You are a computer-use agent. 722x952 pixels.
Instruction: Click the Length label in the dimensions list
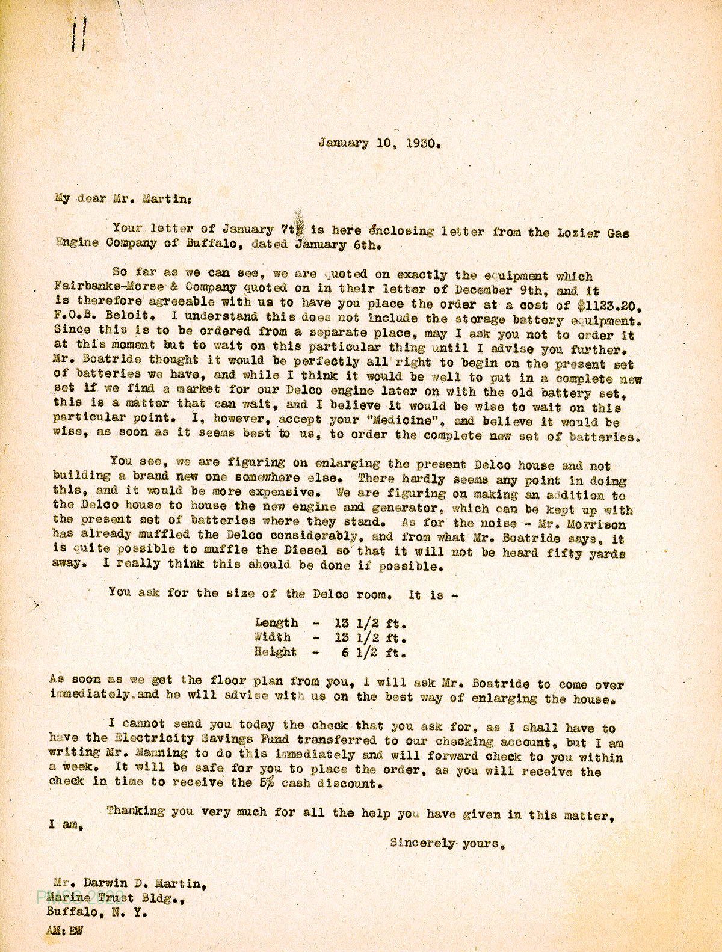pyautogui.click(x=276, y=623)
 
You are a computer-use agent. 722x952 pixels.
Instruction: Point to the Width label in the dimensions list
pyautogui.click(x=273, y=637)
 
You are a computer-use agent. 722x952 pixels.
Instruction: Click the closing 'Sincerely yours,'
pyautogui.click(x=446, y=843)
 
